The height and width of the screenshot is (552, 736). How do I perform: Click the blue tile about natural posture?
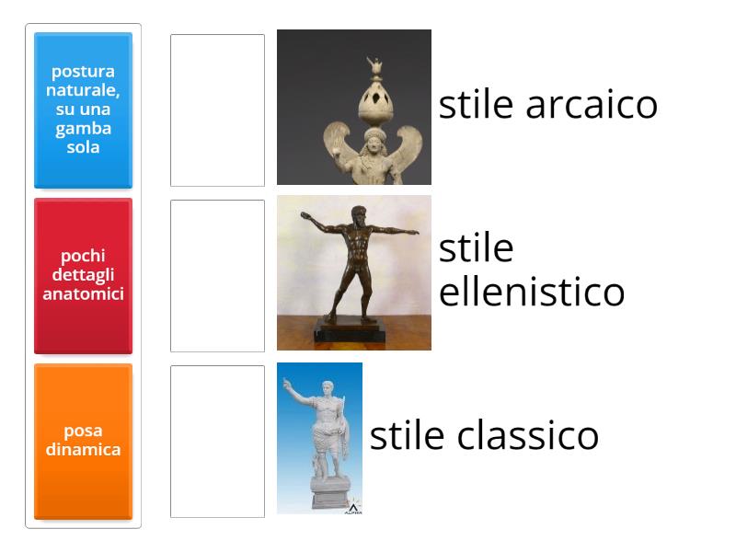(83, 110)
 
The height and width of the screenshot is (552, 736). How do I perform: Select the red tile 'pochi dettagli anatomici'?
(83, 275)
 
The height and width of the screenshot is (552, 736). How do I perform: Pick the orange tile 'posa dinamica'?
(83, 441)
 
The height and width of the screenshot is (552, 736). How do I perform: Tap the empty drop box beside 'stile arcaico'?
(217, 110)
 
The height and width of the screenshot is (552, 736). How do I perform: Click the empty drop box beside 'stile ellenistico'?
(217, 275)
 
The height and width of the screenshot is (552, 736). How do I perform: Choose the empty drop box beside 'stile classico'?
(217, 441)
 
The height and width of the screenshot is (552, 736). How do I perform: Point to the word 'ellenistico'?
(532, 293)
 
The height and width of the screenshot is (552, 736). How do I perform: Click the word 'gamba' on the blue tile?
(83, 128)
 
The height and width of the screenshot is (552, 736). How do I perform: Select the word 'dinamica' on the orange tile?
(83, 450)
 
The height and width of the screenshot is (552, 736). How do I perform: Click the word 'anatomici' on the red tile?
(83, 294)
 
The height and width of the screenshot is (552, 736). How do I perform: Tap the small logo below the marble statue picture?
(353, 508)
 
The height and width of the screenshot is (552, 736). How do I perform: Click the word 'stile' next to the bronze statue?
(476, 248)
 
